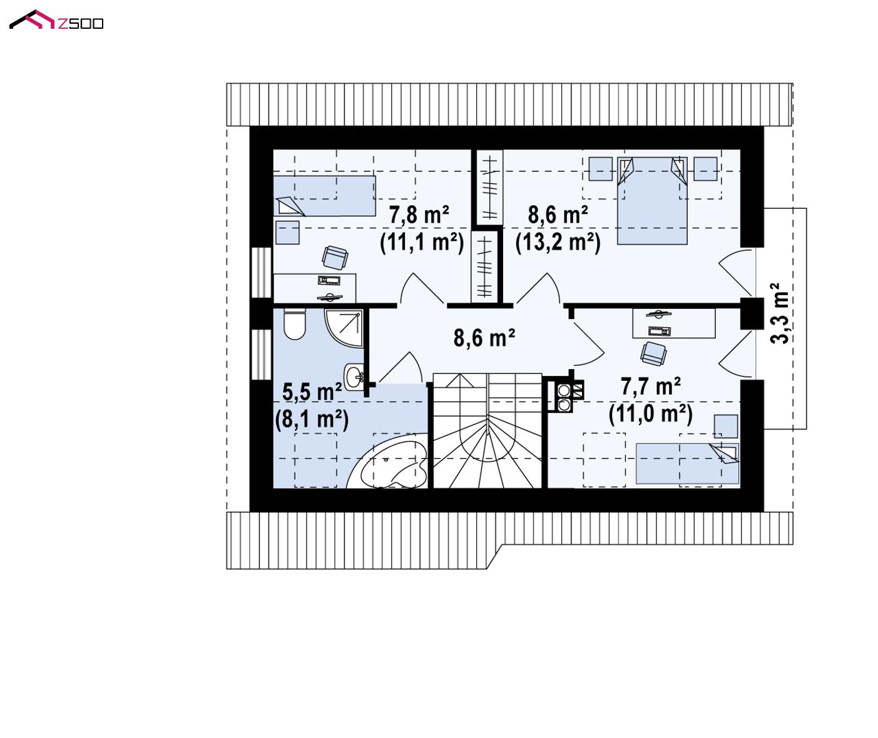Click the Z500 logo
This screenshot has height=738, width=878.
(x=56, y=20)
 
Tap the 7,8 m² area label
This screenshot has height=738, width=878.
(x=419, y=215)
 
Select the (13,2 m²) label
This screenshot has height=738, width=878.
(x=558, y=243)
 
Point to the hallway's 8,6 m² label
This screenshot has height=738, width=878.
(x=484, y=338)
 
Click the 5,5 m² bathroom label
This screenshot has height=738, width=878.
(x=312, y=392)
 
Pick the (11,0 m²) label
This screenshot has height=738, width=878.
(x=650, y=414)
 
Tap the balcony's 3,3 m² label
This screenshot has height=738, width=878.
(x=779, y=313)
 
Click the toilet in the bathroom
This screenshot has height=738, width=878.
(x=294, y=324)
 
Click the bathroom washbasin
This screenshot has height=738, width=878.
(x=354, y=377)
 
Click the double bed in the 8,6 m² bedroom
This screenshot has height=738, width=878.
(x=651, y=201)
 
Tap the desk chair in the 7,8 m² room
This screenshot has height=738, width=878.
(x=335, y=258)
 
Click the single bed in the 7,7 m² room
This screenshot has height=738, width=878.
(x=687, y=463)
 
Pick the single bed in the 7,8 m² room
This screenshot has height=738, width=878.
(x=324, y=196)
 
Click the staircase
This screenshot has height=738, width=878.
(x=487, y=431)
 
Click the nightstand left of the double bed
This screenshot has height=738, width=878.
(x=600, y=169)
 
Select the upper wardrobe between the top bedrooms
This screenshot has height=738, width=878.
(x=489, y=187)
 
